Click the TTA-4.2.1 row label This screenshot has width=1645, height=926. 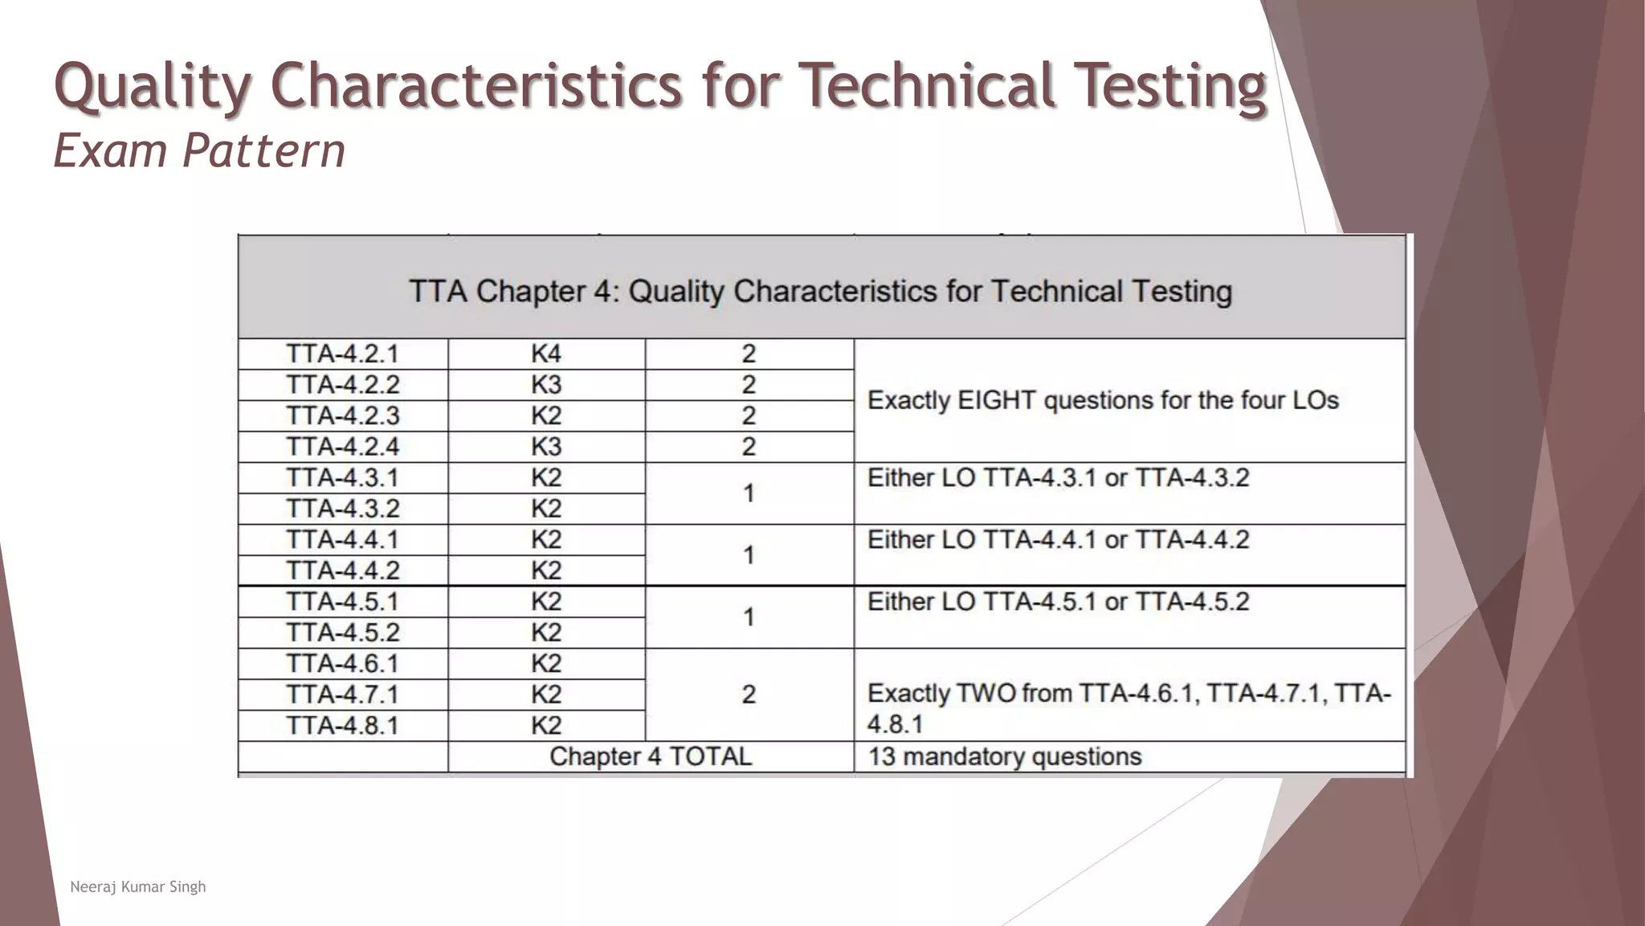click(x=342, y=354)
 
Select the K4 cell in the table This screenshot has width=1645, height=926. click(x=546, y=354)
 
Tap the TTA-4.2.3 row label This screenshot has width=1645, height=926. click(x=342, y=416)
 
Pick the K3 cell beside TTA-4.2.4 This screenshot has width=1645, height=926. click(x=546, y=446)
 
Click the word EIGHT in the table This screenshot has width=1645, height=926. click(x=996, y=400)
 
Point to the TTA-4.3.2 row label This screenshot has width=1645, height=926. click(x=342, y=508)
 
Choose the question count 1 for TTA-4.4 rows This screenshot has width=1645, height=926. click(x=749, y=555)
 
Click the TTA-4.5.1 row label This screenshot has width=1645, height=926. click(x=342, y=601)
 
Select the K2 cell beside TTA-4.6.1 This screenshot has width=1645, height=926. click(x=546, y=663)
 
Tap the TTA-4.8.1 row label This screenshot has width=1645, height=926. click(x=342, y=725)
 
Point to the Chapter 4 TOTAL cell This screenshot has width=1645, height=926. click(x=651, y=756)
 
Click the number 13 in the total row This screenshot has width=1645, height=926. click(x=881, y=756)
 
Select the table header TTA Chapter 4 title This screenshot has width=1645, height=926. click(x=820, y=291)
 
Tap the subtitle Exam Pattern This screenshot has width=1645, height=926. click(x=199, y=151)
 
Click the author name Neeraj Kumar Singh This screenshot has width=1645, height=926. click(x=138, y=887)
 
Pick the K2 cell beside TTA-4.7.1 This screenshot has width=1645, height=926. click(x=546, y=694)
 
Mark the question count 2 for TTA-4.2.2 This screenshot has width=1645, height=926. click(x=749, y=385)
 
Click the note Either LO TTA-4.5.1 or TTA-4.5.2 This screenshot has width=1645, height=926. click(x=1058, y=601)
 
